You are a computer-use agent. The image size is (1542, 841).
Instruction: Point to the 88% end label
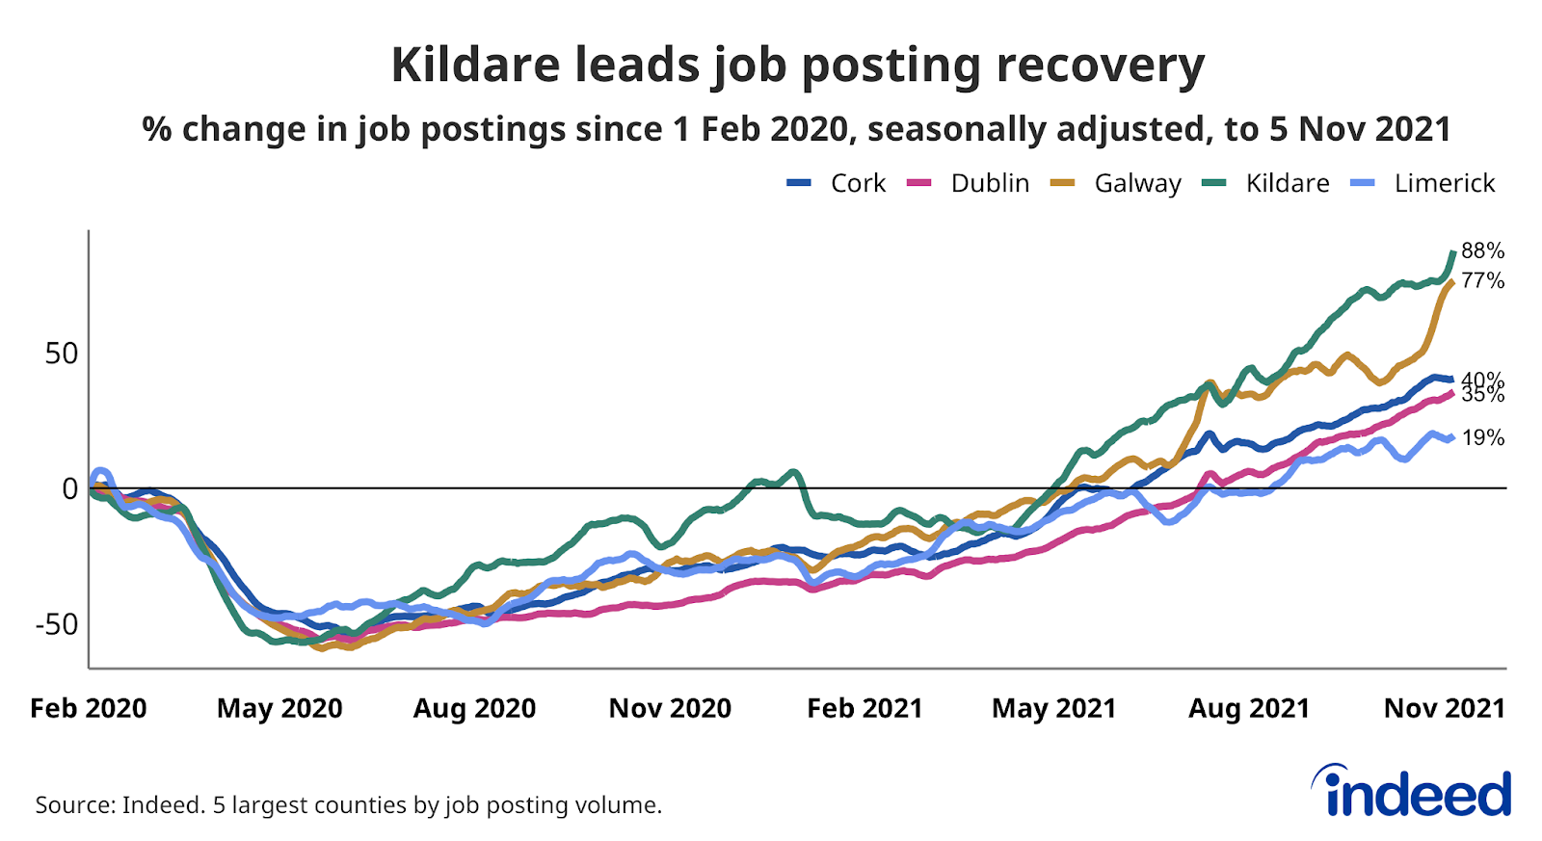[x=1482, y=250]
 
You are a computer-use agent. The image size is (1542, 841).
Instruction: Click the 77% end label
[x=1482, y=280]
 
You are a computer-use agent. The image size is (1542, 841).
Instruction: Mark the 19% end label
[x=1482, y=437]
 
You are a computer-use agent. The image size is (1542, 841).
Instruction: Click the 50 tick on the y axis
[x=61, y=354]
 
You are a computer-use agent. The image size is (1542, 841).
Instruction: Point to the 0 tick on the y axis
[x=69, y=488]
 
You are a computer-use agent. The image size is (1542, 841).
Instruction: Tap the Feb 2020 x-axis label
[x=89, y=708]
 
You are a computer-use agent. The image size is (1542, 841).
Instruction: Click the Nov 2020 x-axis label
[x=670, y=708]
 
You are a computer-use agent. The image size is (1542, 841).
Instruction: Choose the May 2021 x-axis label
[x=1053, y=708]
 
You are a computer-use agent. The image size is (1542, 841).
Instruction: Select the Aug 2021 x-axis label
[x=1249, y=708]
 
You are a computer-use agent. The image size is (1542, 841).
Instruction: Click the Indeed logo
[x=1412, y=792]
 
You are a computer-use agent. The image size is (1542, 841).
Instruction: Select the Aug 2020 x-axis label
[x=474, y=708]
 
